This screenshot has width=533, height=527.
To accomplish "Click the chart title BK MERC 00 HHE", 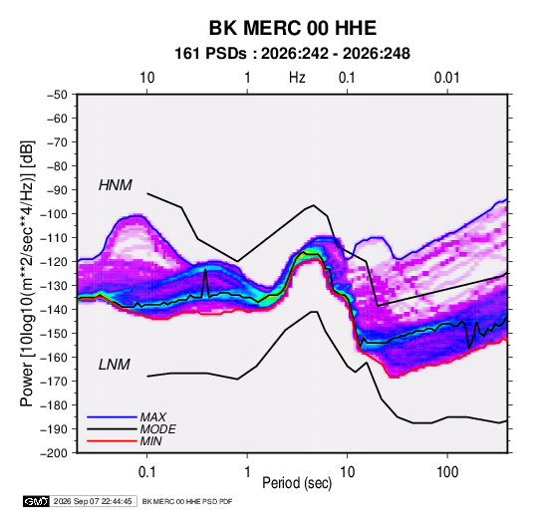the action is click(x=293, y=28).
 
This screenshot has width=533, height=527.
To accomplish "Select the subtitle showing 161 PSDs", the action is click(x=292, y=54).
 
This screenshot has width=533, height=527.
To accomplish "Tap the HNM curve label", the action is click(x=116, y=185).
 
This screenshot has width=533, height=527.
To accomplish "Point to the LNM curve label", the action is click(x=115, y=365).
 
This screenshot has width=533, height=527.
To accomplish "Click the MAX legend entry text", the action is click(x=153, y=416).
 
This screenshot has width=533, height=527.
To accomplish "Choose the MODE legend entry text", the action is click(x=157, y=429).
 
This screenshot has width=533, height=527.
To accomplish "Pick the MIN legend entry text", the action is click(x=150, y=441).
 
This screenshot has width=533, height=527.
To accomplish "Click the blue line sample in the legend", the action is click(x=112, y=417).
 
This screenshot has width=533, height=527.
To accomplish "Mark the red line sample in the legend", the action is click(x=112, y=441).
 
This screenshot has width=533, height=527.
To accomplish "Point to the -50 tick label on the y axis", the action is click(x=57, y=95).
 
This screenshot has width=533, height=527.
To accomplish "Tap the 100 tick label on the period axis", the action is click(x=447, y=472).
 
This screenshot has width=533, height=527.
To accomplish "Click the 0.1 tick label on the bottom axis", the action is click(x=146, y=472).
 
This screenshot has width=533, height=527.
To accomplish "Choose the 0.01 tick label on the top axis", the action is click(x=446, y=78).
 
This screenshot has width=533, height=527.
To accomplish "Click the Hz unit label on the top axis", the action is click(x=297, y=78).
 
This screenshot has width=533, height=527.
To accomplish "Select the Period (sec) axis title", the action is click(x=297, y=483).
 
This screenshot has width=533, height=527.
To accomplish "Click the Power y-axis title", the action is click(x=27, y=273).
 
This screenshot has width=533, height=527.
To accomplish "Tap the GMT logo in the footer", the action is click(x=37, y=501).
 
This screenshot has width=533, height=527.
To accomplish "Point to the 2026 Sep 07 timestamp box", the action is click(x=93, y=501).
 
